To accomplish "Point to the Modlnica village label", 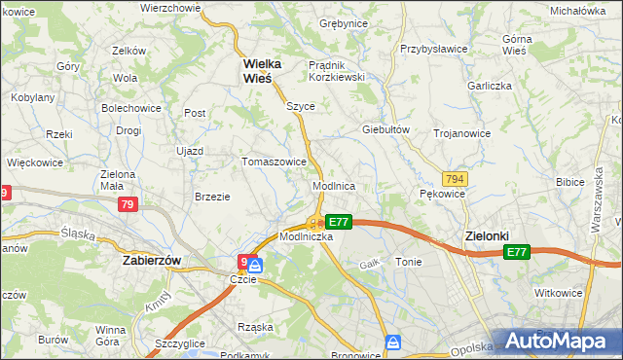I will click(333, 185).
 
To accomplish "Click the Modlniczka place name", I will click(307, 236).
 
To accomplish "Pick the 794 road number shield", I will click(454, 179).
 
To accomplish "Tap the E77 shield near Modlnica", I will click(338, 222).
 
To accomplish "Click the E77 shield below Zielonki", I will click(517, 252).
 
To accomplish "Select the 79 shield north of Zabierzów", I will click(128, 204).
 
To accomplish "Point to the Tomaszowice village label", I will click(275, 162).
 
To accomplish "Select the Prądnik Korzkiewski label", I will click(336, 71).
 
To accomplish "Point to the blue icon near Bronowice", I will click(392, 342).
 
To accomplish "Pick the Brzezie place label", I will click(212, 196).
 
